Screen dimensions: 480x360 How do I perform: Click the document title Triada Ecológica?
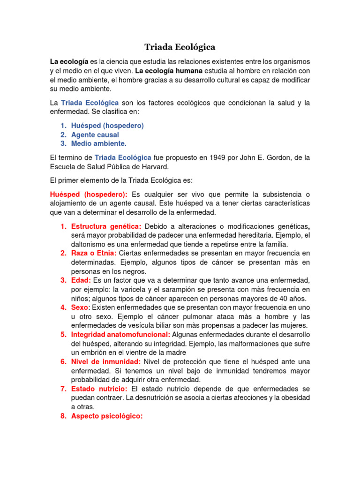tap(180, 47)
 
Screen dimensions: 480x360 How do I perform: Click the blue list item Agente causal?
tap(95, 135)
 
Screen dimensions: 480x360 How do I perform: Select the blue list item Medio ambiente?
tap(98, 143)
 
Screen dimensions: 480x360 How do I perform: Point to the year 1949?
tap(209, 157)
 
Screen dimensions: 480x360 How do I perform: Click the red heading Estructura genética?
tap(106, 227)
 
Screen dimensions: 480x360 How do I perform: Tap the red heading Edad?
tap(81, 280)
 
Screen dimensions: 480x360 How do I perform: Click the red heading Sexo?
tap(80, 307)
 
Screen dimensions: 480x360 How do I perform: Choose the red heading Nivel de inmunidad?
tap(106, 361)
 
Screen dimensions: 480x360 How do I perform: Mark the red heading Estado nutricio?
tap(99, 389)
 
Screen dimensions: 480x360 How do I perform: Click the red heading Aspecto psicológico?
tap(106, 416)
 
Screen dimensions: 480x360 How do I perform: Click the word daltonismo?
tap(93, 245)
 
